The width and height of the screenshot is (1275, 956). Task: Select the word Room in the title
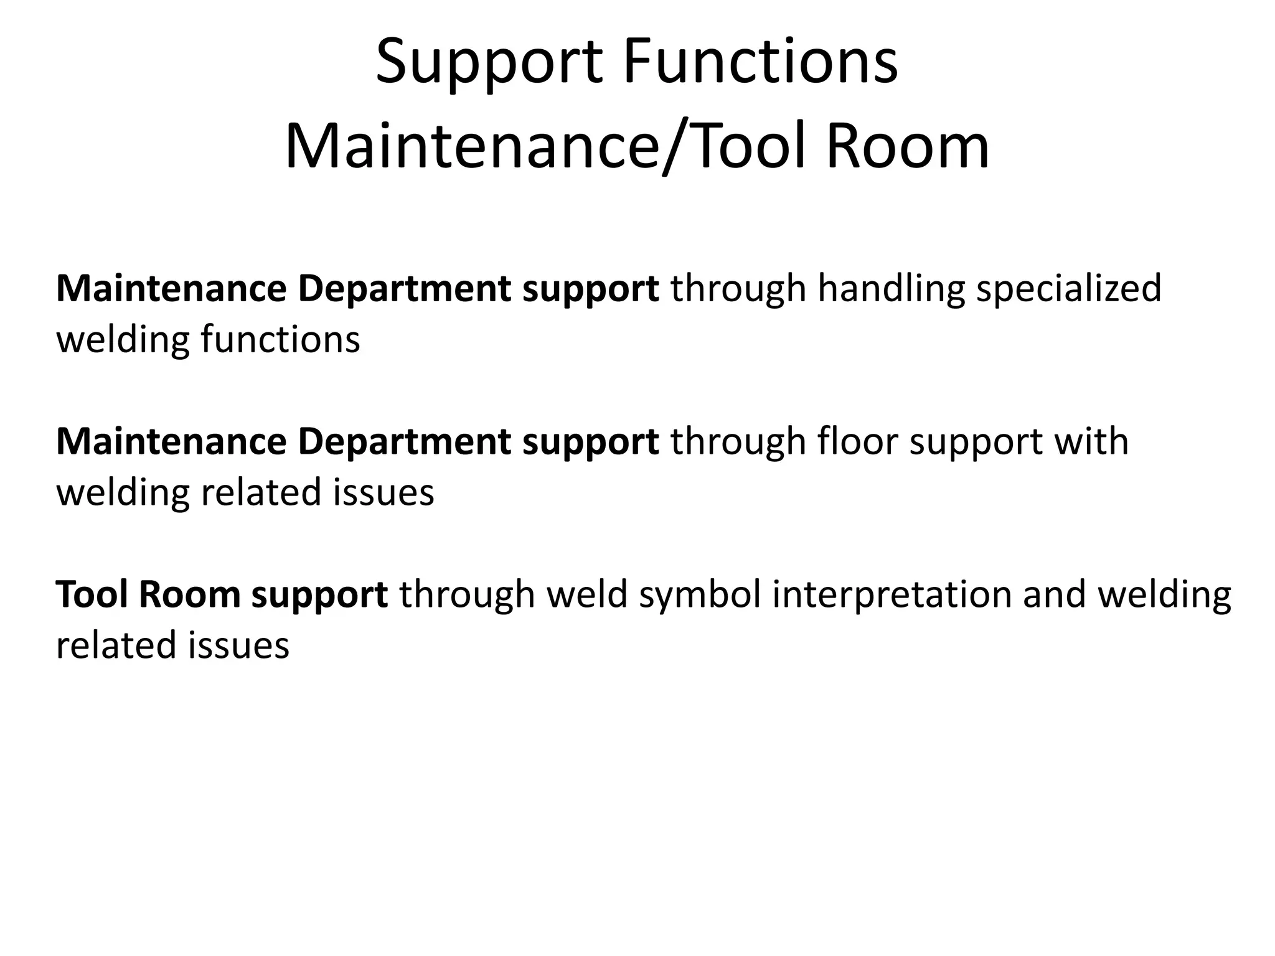(x=907, y=147)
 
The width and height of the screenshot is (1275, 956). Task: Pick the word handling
(x=890, y=290)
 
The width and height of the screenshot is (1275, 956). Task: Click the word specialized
(x=1068, y=290)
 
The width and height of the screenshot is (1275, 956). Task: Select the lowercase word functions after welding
(x=280, y=340)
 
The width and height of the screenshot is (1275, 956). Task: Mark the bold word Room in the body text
(x=189, y=594)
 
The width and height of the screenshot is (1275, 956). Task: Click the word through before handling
(x=738, y=290)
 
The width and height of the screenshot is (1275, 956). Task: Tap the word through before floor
(x=738, y=441)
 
